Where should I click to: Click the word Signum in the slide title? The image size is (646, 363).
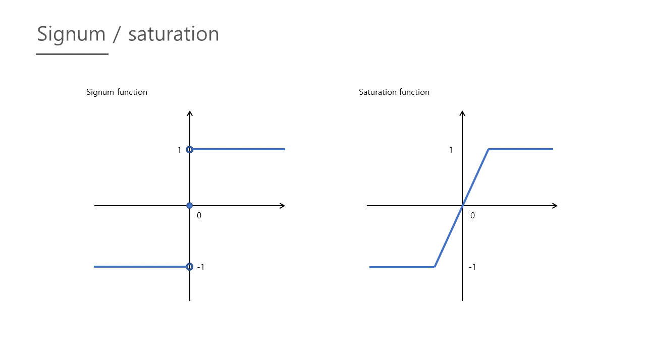click(71, 34)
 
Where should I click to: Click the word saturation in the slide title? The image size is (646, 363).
click(174, 34)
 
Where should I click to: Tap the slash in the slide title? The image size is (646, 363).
click(117, 34)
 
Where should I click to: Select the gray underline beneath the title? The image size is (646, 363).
click(72, 54)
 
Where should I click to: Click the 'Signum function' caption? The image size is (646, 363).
click(117, 92)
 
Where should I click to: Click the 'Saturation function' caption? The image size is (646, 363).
click(394, 92)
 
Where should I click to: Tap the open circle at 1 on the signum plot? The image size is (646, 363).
click(190, 149)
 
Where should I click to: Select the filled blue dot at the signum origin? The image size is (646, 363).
click(190, 206)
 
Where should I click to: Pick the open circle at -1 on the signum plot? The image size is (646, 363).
click(190, 267)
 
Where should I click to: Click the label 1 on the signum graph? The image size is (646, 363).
click(179, 150)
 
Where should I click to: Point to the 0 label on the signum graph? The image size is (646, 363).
click(199, 215)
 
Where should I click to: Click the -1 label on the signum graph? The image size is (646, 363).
click(200, 267)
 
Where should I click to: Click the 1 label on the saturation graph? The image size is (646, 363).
click(451, 150)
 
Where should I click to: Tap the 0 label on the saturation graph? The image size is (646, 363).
click(472, 215)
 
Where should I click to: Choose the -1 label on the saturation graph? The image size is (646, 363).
click(472, 267)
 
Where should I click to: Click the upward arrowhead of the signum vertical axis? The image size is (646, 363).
click(190, 113)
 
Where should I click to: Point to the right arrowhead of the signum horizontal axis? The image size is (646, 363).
click(282, 206)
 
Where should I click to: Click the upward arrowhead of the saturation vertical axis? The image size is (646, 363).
click(462, 113)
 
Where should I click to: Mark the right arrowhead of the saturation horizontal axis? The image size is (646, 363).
click(555, 206)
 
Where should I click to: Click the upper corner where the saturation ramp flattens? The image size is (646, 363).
click(489, 149)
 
